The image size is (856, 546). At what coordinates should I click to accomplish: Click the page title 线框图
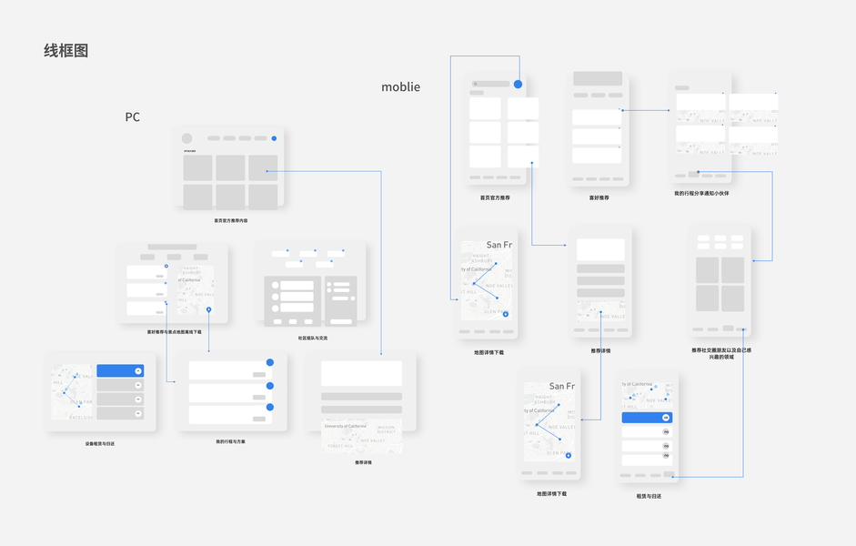(66, 51)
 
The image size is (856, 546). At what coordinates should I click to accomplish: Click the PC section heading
(133, 117)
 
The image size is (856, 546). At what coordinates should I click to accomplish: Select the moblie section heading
(400, 87)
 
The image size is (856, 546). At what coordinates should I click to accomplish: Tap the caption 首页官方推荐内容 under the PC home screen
(230, 220)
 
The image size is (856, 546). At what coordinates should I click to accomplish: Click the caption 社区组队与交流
(312, 338)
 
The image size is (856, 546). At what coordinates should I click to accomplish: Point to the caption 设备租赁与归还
(100, 443)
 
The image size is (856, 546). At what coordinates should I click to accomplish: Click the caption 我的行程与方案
(230, 442)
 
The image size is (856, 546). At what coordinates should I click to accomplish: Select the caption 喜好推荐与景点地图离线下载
(174, 332)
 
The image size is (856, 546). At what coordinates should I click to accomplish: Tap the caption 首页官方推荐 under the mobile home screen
(495, 197)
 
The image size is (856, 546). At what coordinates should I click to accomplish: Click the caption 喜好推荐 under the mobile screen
(599, 197)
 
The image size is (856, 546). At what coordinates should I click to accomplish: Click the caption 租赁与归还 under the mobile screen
(649, 496)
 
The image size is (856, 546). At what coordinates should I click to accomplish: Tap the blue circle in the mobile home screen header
(518, 84)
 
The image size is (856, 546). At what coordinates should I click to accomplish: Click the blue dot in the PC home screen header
(274, 138)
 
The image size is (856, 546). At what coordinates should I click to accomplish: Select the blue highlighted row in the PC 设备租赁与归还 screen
(120, 371)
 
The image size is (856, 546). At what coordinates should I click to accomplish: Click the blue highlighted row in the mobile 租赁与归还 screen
(647, 418)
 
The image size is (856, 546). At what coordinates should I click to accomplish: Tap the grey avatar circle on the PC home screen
(187, 139)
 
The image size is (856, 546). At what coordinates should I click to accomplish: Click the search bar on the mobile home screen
(491, 84)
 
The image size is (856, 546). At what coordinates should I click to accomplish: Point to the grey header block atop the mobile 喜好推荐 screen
(598, 79)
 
